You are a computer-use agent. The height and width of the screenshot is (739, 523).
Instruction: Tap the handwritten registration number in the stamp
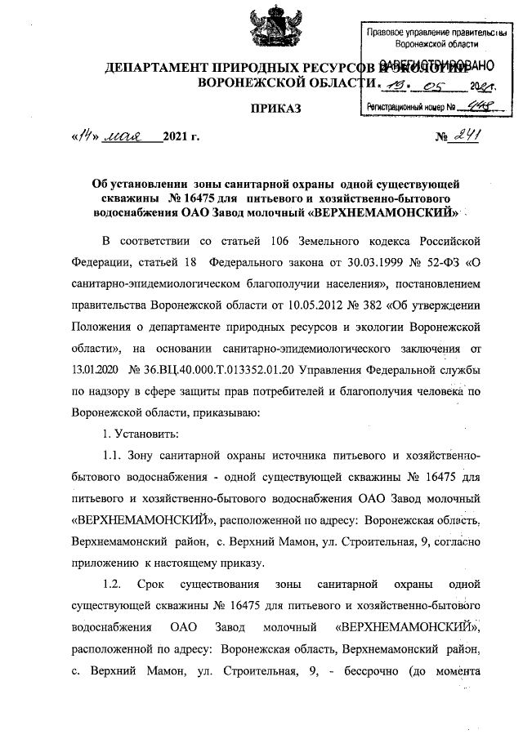[472, 106]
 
